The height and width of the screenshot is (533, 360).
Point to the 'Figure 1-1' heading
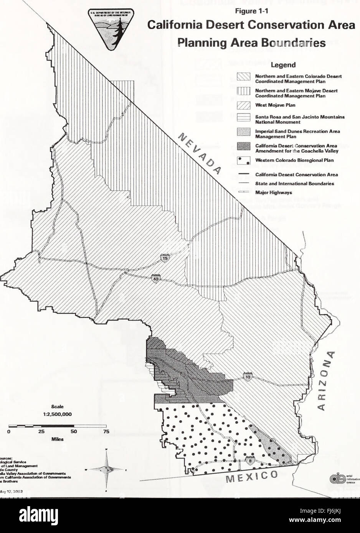coord(251,11)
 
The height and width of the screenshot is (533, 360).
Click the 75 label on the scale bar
coord(106,432)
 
